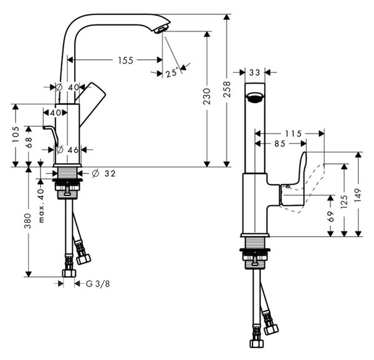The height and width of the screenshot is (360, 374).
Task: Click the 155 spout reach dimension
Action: pos(126,61)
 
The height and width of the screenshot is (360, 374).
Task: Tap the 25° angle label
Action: pos(172,72)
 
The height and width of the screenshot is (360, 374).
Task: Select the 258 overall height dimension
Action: pos(227,89)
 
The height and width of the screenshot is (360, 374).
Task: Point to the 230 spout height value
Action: pos(207,96)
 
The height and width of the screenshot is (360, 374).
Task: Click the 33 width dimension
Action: pos(254,72)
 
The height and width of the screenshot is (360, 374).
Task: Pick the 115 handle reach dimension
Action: pos(294,134)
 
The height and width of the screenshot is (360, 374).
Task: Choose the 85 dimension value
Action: pos(280,144)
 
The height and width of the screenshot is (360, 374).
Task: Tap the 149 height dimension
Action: pos(358,195)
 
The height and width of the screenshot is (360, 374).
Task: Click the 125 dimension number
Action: pos(344,202)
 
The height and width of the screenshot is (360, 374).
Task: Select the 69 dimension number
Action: pos(330,216)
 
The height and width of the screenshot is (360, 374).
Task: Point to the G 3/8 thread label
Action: pos(98,284)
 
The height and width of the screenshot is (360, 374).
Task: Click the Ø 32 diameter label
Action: pos(103,173)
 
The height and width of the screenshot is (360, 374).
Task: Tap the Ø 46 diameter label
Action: pos(67,150)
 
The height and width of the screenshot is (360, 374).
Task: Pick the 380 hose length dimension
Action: pos(28,221)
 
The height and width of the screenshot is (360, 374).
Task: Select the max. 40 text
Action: pos(41,205)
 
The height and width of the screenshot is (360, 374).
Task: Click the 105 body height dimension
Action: pos(16,134)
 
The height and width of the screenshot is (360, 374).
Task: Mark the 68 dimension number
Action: pos(29,142)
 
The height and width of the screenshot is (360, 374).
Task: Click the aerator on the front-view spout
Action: pos(255,97)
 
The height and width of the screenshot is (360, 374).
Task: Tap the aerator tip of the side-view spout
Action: pos(161,30)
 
